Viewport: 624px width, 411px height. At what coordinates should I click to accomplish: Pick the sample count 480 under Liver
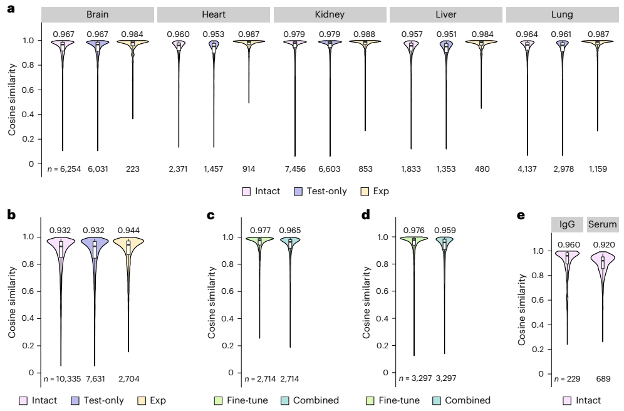[x=482, y=169]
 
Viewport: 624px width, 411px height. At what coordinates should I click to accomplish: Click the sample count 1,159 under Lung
[x=598, y=169]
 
